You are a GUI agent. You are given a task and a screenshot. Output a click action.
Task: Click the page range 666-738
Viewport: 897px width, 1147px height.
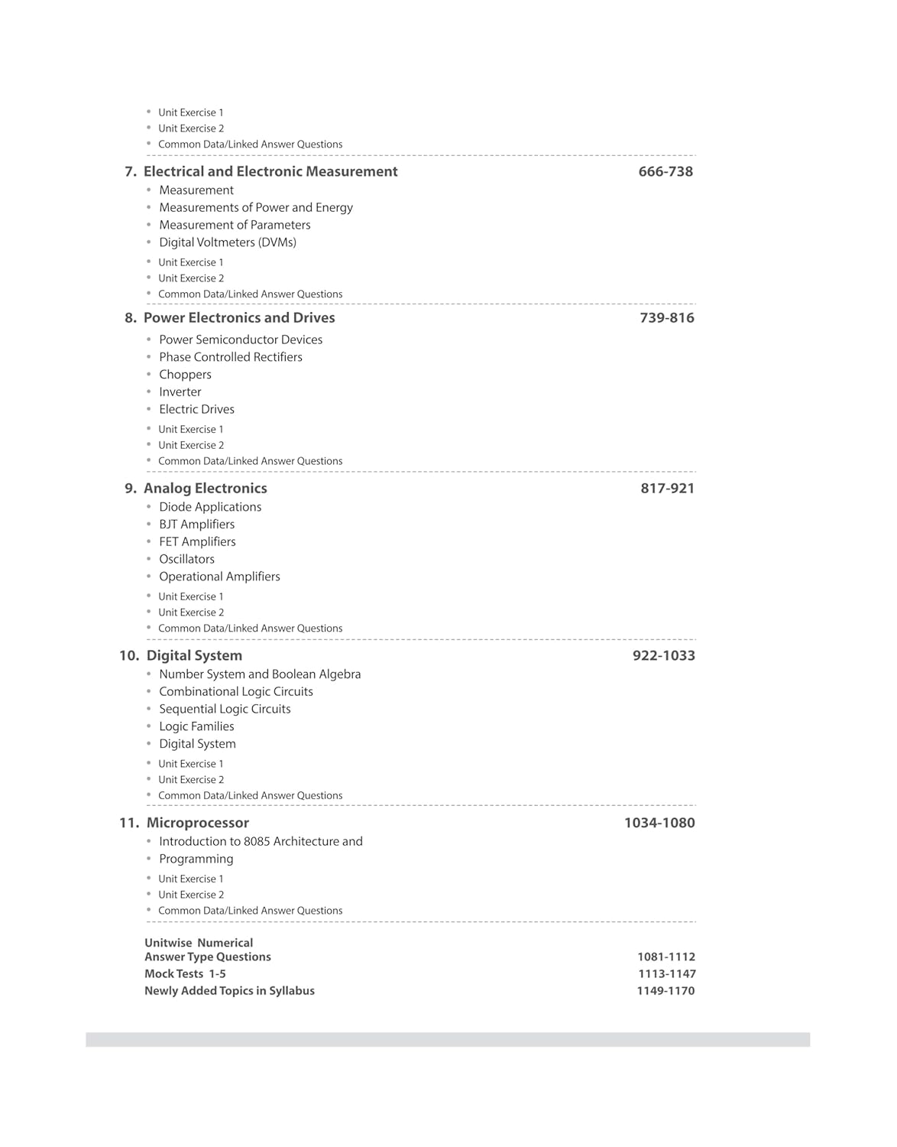[665, 172]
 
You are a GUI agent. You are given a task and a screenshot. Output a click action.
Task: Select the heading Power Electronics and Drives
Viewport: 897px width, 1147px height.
[239, 318]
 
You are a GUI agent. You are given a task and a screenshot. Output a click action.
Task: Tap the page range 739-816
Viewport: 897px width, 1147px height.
[667, 318]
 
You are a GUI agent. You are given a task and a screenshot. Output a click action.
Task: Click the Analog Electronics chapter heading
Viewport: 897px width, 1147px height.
[206, 489]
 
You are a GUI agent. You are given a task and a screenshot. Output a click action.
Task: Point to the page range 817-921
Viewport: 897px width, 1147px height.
[667, 489]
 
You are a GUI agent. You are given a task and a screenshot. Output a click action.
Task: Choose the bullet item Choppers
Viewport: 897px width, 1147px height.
[185, 375]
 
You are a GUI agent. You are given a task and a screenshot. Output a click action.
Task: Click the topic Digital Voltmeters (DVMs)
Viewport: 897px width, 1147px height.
[228, 242]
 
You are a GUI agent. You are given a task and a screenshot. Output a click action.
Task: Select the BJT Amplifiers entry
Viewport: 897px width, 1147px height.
[196, 525]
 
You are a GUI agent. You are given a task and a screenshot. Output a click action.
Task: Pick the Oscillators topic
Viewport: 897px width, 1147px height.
[186, 559]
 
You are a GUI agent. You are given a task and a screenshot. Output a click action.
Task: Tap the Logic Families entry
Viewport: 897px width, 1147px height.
[196, 726]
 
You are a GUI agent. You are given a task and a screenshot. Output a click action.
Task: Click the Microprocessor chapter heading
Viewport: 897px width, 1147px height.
[197, 824]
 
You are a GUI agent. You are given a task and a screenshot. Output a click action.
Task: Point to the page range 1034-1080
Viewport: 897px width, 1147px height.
[659, 824]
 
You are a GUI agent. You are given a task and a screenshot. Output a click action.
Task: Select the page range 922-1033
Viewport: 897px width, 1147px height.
[663, 656]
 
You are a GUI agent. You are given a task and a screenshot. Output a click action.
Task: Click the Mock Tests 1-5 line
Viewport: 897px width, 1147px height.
[185, 974]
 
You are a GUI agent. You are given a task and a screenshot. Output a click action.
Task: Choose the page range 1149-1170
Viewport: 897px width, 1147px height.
[665, 991]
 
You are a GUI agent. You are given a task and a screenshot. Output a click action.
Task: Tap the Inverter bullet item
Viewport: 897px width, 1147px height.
[180, 392]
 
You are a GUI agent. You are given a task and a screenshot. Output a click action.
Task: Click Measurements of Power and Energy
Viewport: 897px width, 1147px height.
[256, 208]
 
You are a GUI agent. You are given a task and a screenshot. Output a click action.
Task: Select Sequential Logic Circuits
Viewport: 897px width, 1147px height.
[225, 709]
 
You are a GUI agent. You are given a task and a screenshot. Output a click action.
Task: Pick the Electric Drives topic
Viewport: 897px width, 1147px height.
[196, 410]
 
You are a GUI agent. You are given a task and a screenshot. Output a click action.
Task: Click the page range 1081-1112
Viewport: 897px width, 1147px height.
[666, 957]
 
